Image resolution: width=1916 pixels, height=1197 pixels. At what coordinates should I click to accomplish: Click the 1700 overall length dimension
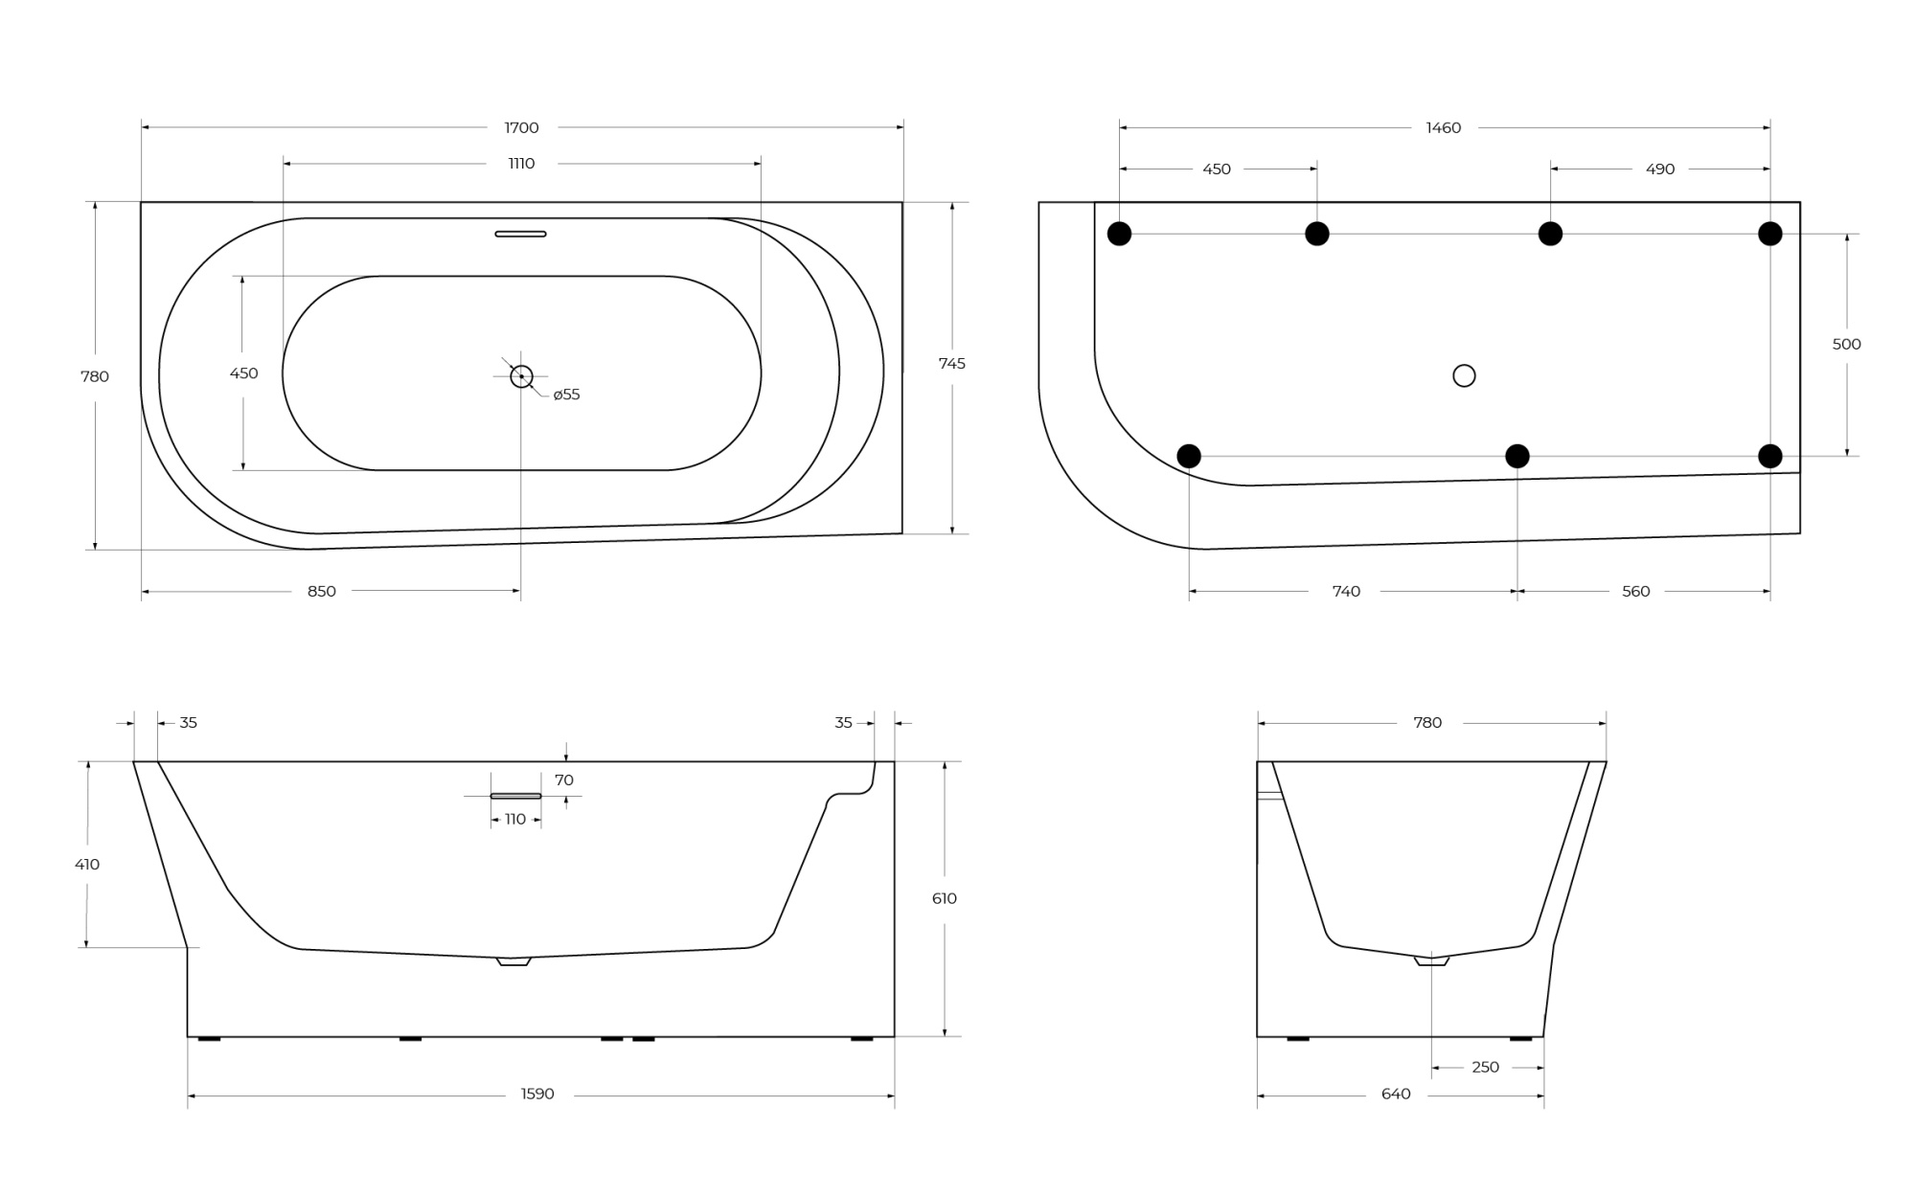(x=521, y=127)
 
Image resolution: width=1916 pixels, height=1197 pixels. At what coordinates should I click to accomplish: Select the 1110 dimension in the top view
(x=521, y=164)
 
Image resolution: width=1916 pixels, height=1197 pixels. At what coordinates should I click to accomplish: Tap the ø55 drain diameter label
(x=566, y=395)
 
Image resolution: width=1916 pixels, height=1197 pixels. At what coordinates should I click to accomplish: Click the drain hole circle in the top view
(x=521, y=376)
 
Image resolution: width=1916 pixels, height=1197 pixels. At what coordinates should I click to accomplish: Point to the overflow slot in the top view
(x=520, y=234)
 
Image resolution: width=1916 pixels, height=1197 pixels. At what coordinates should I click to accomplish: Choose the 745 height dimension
(x=951, y=364)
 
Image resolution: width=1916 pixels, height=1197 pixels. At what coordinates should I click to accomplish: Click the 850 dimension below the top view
(x=322, y=592)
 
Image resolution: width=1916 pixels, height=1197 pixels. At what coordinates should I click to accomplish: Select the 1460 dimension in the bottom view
(x=1443, y=128)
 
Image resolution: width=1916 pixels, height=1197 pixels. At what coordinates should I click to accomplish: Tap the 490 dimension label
(x=1660, y=169)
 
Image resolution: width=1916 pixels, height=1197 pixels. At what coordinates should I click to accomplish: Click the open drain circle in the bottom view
(x=1464, y=375)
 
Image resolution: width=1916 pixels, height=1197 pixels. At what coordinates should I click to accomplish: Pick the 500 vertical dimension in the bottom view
(x=1846, y=345)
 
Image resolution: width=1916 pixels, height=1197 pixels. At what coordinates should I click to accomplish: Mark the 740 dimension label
(x=1346, y=592)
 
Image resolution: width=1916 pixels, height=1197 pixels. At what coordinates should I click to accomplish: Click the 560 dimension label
(x=1635, y=592)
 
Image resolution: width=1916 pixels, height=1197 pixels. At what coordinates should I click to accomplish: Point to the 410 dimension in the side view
(x=87, y=865)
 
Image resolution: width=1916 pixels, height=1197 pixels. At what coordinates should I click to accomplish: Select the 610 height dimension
(x=944, y=899)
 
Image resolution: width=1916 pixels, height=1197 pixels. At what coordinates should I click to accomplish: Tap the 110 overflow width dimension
(x=515, y=820)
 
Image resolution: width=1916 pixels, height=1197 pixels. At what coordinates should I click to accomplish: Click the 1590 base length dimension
(x=537, y=1095)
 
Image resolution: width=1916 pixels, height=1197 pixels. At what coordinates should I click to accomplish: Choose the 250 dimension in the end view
(x=1485, y=1068)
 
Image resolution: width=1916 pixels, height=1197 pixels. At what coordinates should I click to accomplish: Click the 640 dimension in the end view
(x=1396, y=1095)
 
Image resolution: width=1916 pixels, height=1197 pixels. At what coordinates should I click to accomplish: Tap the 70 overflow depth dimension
(x=564, y=780)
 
